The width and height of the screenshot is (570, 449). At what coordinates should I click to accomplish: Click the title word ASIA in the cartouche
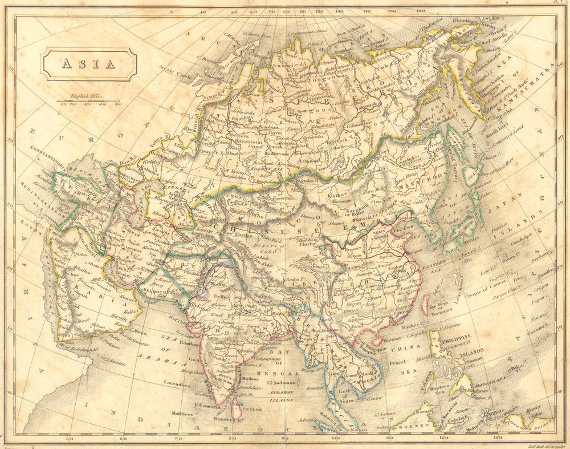coord(88,64)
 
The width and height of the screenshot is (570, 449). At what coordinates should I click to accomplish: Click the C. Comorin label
coord(209,404)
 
